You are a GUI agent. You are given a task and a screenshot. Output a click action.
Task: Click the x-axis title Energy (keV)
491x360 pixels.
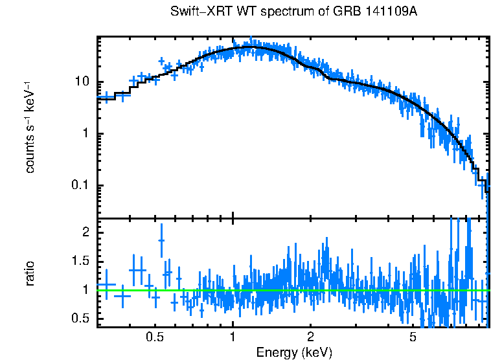pyautogui.click(x=294, y=352)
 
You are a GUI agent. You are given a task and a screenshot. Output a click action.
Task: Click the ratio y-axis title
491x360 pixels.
pyautogui.click(x=30, y=273)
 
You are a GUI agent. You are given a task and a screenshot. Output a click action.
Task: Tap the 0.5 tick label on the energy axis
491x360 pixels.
pyautogui.click(x=154, y=337)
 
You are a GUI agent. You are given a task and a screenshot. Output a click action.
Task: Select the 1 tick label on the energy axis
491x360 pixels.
pyautogui.click(x=233, y=337)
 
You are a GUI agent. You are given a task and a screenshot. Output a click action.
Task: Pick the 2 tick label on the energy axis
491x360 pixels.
pyautogui.click(x=311, y=337)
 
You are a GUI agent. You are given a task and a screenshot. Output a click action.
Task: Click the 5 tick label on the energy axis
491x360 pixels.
pyautogui.click(x=413, y=337)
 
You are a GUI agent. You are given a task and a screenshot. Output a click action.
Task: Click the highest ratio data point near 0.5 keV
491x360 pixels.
pyautogui.click(x=161, y=240)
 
